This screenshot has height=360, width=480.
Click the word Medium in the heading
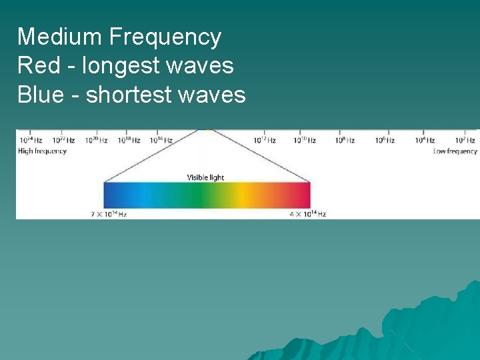coord(60,37)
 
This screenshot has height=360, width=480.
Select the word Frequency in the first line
coord(165,38)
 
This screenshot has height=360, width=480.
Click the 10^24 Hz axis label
coord(31,141)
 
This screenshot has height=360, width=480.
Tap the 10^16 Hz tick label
coord(161,141)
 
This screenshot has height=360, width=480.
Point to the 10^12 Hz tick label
coord(264,141)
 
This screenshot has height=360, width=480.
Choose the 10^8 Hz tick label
coord(344,141)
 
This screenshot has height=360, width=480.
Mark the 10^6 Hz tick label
coord(384,141)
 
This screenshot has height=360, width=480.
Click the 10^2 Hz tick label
coord(465,141)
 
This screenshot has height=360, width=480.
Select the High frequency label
coord(43,151)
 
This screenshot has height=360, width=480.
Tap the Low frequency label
coord(455,151)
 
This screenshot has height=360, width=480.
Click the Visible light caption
coord(205,177)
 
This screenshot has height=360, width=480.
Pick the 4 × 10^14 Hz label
coord(307,214)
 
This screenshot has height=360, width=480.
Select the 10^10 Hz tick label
coord(305,141)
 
